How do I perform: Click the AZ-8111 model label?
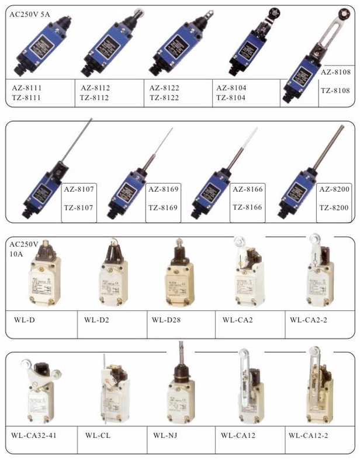27,88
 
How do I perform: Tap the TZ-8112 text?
95,98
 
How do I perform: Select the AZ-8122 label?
164,88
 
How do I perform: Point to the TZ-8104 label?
231,98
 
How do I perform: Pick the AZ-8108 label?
336,73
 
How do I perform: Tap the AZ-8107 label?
78,190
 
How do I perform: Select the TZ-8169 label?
164,207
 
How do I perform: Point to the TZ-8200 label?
334,207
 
